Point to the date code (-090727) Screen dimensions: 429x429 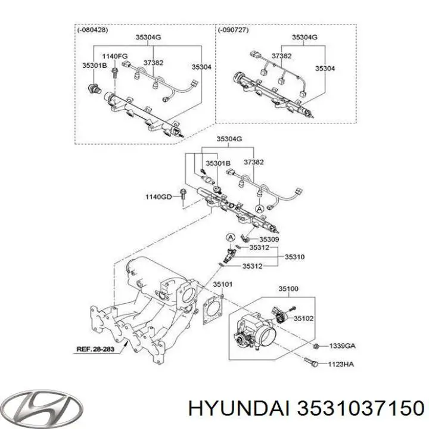coord(233,30)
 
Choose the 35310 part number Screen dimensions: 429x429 coord(294,257)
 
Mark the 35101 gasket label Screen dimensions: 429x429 coord(223,284)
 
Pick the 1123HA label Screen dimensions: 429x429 coord(340,363)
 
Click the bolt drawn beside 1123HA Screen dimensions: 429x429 coord(311,362)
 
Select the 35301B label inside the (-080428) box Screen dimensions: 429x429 coord(95,66)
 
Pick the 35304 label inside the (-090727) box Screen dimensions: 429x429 coord(325,69)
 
